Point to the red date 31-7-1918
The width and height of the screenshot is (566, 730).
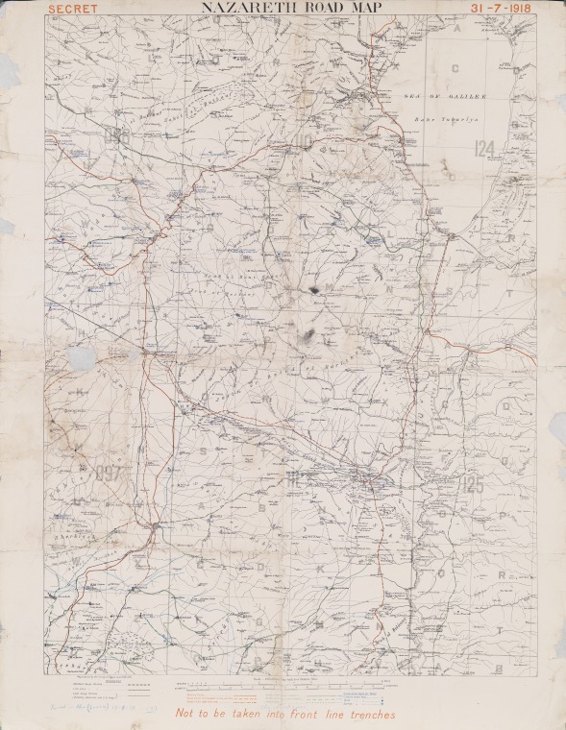coord(502,8)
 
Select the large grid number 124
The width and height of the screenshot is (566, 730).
coord(485,147)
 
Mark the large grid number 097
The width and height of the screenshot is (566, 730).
coord(109,473)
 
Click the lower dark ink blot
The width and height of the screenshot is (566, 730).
coord(308,334)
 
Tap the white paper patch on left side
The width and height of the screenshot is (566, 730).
coord(83,359)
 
